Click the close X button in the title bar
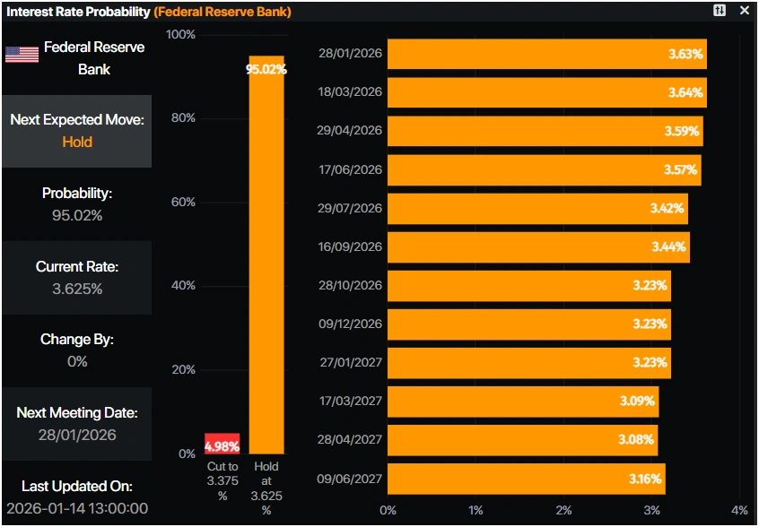[x=744, y=11]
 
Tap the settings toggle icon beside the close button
[x=720, y=11]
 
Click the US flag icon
[x=22, y=55]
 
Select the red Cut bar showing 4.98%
[x=222, y=444]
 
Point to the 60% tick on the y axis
[x=182, y=202]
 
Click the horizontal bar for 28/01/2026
[x=547, y=54]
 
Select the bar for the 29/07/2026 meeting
[x=537, y=208]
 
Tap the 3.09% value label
[x=637, y=401]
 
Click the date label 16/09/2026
[x=350, y=246]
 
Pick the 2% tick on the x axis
[x=563, y=510]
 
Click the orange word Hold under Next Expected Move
[x=77, y=142]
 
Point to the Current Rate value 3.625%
[x=77, y=289]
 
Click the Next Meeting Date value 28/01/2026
[x=77, y=435]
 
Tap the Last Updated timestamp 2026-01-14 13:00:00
[x=77, y=508]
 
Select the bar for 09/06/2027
[x=527, y=479]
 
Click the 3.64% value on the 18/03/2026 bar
[x=686, y=92]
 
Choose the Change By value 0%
[x=77, y=361]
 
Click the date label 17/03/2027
[x=350, y=401]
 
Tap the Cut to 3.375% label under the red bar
[x=222, y=481]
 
